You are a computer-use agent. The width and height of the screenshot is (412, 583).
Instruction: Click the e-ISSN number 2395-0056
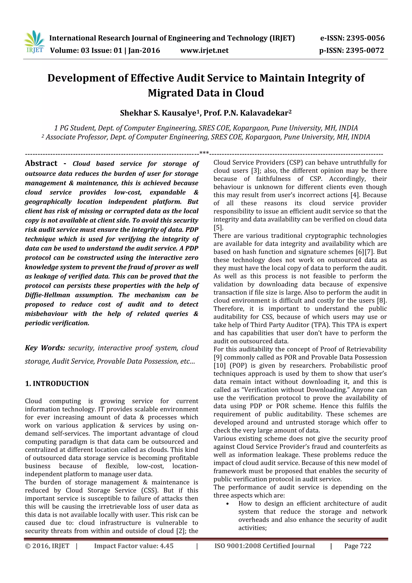[x=365, y=38]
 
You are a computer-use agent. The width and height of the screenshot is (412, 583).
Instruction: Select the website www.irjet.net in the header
[x=204, y=51]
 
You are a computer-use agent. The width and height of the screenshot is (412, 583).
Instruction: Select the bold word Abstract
[x=41, y=163]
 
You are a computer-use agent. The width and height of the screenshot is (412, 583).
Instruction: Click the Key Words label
[x=45, y=348]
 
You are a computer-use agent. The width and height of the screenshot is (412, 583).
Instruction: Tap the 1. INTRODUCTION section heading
[x=57, y=383]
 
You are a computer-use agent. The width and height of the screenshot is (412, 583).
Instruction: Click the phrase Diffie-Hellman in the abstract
[x=47, y=295]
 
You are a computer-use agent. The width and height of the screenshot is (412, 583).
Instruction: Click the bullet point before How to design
[x=228, y=504]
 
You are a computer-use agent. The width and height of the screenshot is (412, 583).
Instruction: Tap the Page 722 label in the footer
[x=357, y=546]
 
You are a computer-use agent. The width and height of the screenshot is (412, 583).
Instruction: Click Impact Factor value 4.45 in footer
[x=134, y=546]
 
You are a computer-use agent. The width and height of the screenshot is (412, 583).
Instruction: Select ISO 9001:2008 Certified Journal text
[x=265, y=546]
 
